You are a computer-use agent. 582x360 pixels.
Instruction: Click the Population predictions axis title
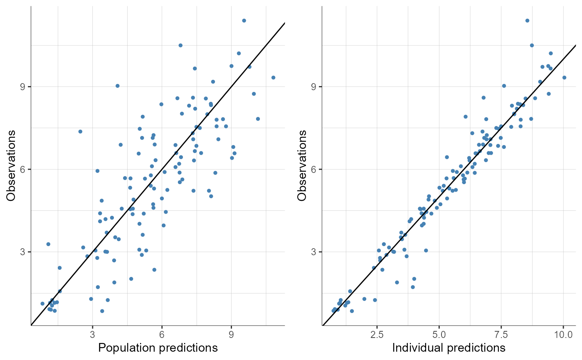tap(158, 348)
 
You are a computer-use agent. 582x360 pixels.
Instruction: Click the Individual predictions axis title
tap(449, 348)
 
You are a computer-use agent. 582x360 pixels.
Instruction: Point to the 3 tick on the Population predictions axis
tap(92, 334)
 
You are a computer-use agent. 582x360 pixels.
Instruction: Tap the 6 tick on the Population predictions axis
tap(162, 334)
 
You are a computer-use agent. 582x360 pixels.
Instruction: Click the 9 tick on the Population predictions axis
tap(232, 334)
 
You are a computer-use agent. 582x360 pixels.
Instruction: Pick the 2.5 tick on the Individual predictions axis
tap(377, 334)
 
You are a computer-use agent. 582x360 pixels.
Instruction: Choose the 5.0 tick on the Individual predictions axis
tap(439, 334)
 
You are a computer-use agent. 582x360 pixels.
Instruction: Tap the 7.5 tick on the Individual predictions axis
tap(501, 334)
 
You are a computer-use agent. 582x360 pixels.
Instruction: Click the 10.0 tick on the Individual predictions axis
tap(563, 334)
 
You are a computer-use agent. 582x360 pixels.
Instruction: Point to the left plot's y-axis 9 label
tap(23, 87)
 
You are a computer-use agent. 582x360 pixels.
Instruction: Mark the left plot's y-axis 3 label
tap(23, 252)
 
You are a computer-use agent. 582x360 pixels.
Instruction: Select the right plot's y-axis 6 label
tap(314, 169)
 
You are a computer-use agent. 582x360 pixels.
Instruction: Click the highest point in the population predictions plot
tap(244, 20)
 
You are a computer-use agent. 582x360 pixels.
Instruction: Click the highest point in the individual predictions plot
tap(527, 20)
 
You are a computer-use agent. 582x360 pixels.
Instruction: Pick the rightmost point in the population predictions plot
tap(273, 77)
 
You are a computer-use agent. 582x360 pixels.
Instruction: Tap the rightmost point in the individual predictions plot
tap(564, 77)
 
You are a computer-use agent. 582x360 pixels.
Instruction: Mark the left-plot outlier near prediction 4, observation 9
tap(117, 86)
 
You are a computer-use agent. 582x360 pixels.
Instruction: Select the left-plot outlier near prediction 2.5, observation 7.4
tap(80, 131)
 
